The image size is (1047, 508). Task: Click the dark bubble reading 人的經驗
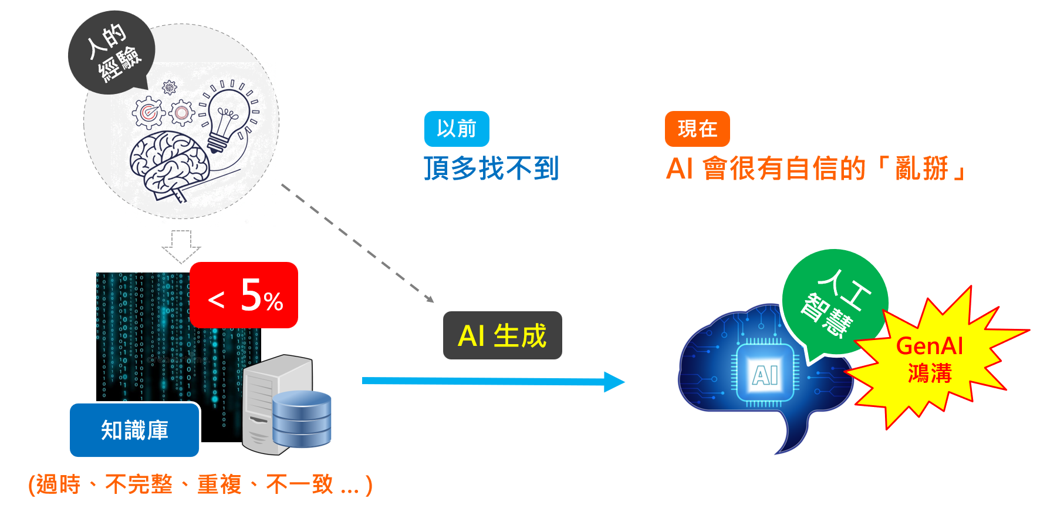(x=112, y=52)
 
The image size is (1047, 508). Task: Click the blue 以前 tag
(x=457, y=129)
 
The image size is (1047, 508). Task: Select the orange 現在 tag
(x=697, y=129)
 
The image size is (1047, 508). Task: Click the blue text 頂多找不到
(x=491, y=169)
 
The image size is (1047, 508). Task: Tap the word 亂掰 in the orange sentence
(x=922, y=169)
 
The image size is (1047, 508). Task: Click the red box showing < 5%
(x=244, y=295)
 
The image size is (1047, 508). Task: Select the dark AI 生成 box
(x=502, y=335)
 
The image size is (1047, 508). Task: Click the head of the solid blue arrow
(x=614, y=382)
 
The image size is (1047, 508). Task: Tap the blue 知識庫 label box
(x=134, y=430)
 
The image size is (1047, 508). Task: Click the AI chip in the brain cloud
(x=765, y=374)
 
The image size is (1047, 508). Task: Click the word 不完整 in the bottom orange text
(x=139, y=485)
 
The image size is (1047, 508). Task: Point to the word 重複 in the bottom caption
(x=219, y=485)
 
